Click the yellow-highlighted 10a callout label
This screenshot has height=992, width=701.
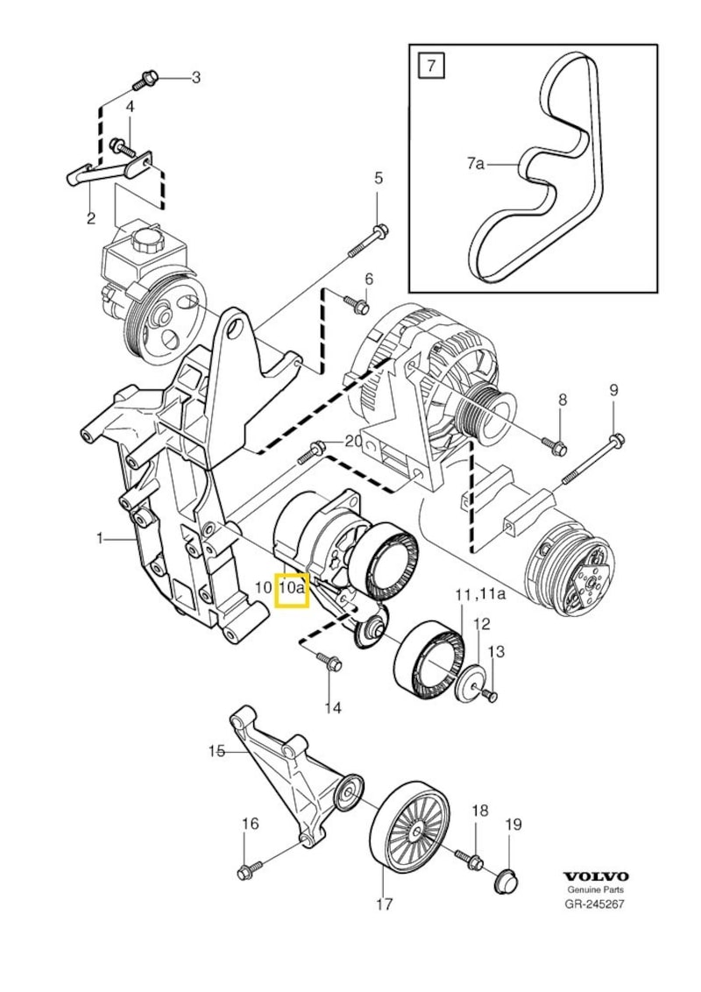[x=292, y=589]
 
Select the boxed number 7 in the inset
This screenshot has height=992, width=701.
[x=429, y=65]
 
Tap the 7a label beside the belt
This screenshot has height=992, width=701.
[x=476, y=163]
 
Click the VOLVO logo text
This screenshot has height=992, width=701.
[x=595, y=875]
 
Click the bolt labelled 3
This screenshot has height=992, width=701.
[x=145, y=81]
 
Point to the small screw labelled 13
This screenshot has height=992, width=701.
[x=489, y=696]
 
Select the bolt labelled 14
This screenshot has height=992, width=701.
[x=330, y=663]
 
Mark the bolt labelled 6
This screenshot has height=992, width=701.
[x=357, y=305]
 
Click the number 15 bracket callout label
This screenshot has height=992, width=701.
[x=216, y=749]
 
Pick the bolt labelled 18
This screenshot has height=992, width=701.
[x=474, y=862]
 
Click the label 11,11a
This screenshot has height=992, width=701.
[x=481, y=596]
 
